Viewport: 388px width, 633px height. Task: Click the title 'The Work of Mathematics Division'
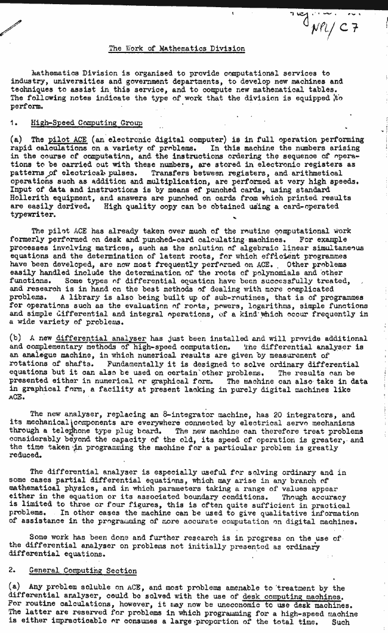tap(177, 48)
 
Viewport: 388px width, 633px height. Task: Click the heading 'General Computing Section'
tap(83, 571)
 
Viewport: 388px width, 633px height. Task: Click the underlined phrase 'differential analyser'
tap(97, 339)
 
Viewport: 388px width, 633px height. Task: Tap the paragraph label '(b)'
tap(17, 339)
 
